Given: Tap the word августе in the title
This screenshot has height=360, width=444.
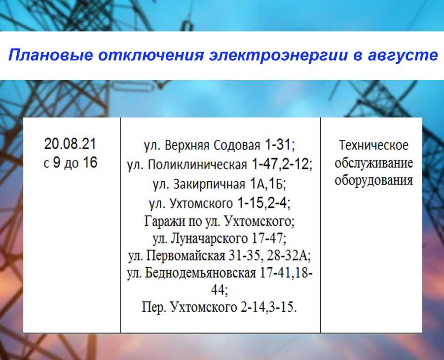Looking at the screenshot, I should [x=403, y=55].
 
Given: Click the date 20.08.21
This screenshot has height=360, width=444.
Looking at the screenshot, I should [x=70, y=144].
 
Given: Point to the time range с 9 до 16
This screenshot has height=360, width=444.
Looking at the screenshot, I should [x=70, y=162].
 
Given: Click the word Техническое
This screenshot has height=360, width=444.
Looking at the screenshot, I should [x=373, y=146].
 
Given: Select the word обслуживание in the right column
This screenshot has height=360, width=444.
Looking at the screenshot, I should [x=373, y=163].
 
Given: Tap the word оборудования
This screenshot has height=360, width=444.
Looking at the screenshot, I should [x=373, y=180].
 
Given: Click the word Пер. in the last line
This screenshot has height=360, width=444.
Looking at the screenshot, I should [x=153, y=307].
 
